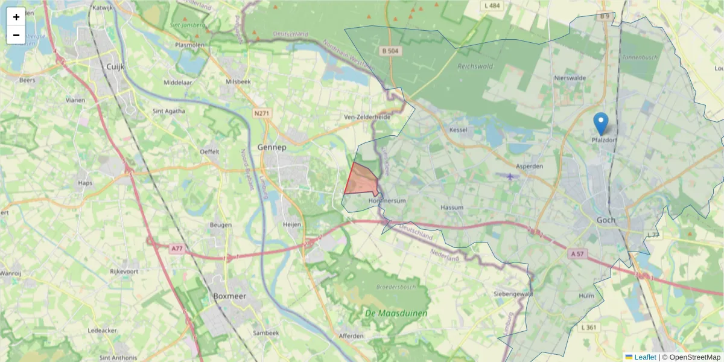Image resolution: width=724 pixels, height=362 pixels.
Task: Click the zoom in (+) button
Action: click(16, 17)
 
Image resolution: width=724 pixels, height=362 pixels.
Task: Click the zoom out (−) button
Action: click(16, 35)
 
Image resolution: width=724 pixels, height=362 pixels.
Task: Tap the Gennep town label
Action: click(271, 147)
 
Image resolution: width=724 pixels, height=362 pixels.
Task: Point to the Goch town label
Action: click(606, 220)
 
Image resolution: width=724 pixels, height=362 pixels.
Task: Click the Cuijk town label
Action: click(115, 67)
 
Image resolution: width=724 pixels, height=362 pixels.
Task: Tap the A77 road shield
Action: click(176, 249)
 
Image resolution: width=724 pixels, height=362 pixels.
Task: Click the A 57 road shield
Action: click(578, 255)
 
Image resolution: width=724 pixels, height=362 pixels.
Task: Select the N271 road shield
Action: click(261, 113)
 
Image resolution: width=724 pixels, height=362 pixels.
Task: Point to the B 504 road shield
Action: click(390, 51)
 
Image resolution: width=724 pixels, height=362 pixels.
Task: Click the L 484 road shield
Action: click(492, 5)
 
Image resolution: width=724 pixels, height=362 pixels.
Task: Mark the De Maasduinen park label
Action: click(396, 313)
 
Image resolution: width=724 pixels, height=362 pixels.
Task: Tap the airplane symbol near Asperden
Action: click(511, 176)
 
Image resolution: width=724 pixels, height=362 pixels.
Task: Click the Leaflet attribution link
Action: click(644, 357)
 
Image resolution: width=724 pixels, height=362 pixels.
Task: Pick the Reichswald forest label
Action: click(475, 66)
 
